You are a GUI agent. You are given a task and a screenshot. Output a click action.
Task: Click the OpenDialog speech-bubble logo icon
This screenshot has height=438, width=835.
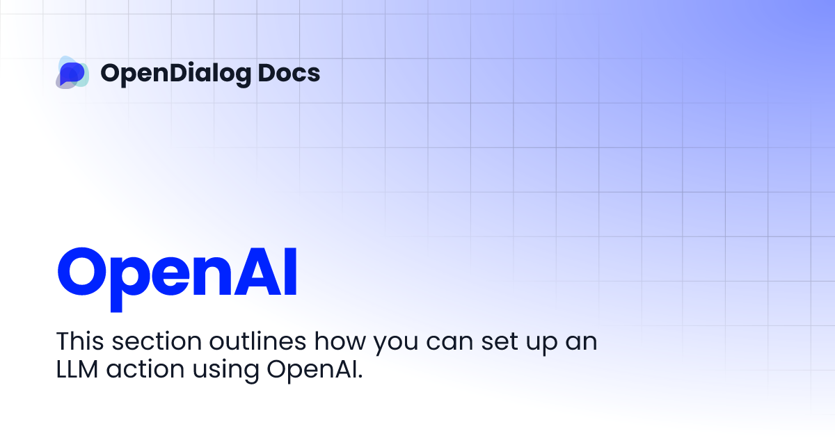pos(72,72)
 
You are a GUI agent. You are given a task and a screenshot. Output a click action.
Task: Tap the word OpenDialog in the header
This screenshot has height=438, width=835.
pos(173,73)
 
